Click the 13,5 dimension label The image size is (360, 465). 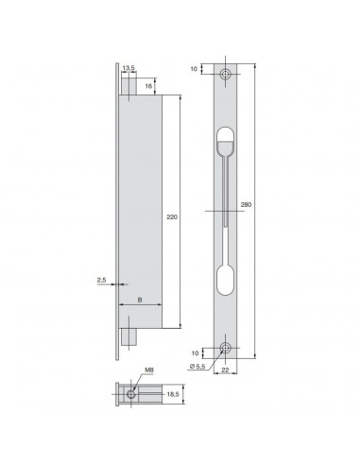click(x=129, y=68)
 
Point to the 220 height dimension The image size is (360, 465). click(x=172, y=215)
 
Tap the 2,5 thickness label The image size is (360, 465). click(x=101, y=280)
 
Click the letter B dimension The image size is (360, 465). click(x=140, y=301)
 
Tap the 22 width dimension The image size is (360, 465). click(x=225, y=372)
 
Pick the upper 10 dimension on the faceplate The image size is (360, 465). click(x=195, y=69)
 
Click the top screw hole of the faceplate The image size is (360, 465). click(x=225, y=73)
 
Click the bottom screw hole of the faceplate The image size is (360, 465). click(x=225, y=348)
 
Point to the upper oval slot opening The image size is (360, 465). click(x=225, y=142)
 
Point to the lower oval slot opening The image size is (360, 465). click(x=225, y=282)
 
